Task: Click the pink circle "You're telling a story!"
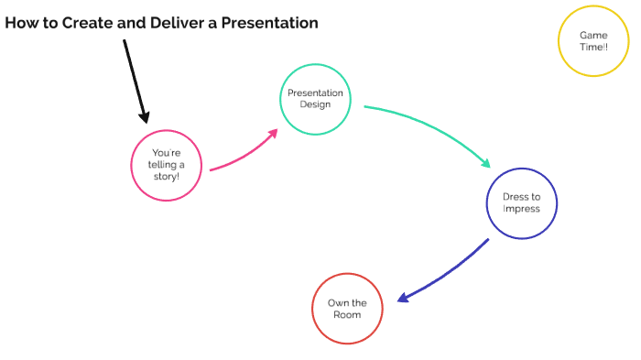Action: tap(166, 165)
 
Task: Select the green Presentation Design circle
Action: tap(315, 99)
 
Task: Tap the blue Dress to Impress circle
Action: tap(521, 203)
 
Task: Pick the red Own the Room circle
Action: tap(346, 309)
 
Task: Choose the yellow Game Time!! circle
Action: tap(593, 40)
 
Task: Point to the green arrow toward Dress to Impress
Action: tap(430, 128)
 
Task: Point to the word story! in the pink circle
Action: tap(166, 176)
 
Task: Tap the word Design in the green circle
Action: tap(315, 104)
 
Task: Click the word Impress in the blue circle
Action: tap(521, 209)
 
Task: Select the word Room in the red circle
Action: tap(346, 314)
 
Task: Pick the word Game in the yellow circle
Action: tap(593, 35)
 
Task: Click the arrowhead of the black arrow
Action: tap(143, 116)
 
